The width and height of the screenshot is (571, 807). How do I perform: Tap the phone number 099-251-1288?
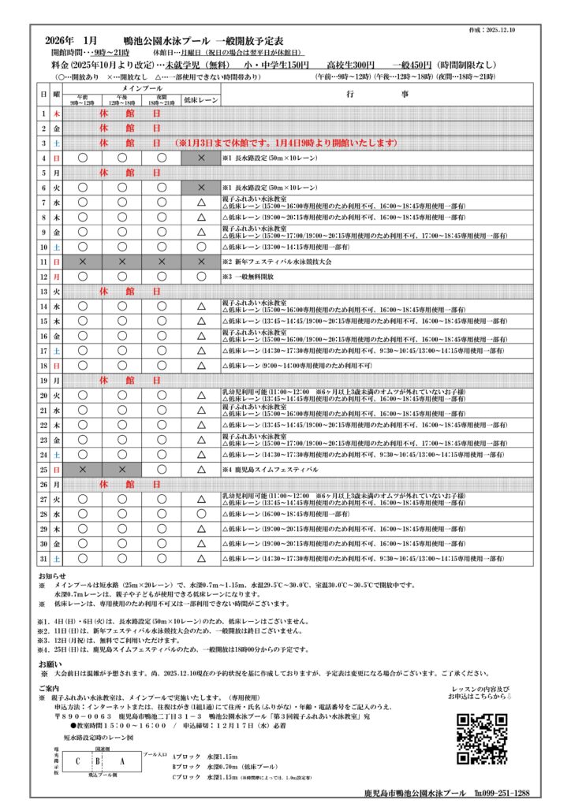pos(503,793)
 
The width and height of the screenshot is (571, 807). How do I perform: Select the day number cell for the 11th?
pos(44,261)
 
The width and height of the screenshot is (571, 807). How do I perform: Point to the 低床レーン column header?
pos(200,100)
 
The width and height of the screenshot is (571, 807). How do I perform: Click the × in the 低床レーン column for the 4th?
pos(200,158)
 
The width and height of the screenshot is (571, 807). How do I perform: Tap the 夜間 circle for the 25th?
pos(161,469)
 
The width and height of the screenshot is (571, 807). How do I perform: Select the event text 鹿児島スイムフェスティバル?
pos(274,469)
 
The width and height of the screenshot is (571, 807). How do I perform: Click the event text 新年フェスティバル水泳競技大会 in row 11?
pos(281,261)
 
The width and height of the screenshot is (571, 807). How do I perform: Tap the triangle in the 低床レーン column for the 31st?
pos(200,558)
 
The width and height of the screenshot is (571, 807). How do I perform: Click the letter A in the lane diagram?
pos(121,762)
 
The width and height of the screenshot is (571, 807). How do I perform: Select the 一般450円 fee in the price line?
pos(411,65)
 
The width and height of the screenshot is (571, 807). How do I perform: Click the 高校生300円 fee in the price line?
pos(353,65)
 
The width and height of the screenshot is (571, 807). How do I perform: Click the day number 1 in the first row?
pos(44,113)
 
